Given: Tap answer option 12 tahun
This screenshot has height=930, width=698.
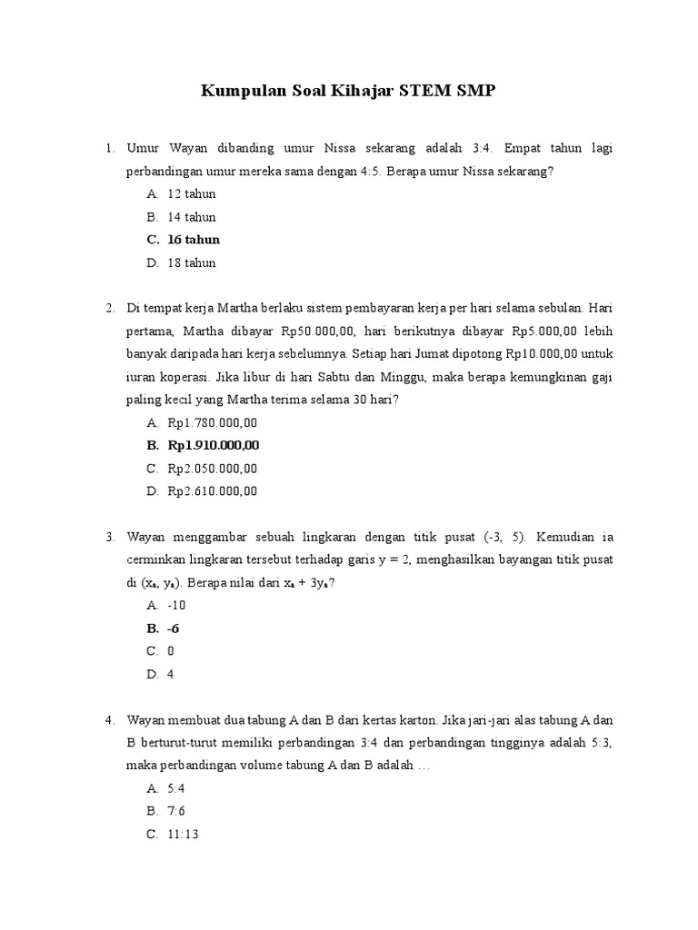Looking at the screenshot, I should (x=192, y=194).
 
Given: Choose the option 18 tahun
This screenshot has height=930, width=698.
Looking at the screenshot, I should (x=192, y=263).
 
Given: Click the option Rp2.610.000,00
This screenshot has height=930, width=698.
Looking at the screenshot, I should (x=213, y=491).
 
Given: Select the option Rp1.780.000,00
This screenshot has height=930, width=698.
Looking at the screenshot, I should (x=213, y=422).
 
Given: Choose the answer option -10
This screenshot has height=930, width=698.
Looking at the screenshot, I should (x=177, y=605).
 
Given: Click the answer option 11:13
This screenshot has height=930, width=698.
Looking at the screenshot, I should (x=184, y=834).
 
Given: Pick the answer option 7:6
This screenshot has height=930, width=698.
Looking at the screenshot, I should (x=176, y=810).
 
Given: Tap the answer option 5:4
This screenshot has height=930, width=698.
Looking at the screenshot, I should (x=176, y=787).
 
